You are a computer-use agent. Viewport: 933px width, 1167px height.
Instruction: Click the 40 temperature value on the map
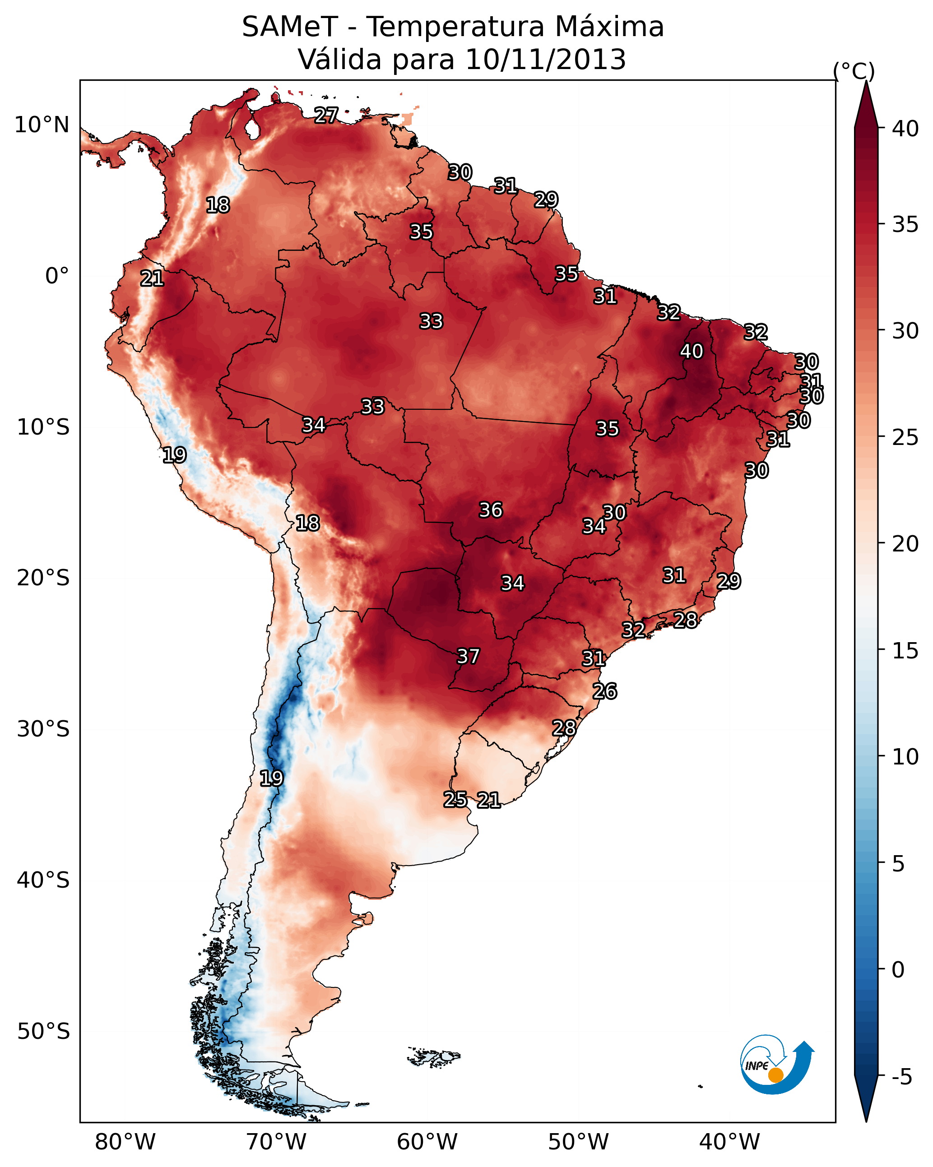(x=692, y=351)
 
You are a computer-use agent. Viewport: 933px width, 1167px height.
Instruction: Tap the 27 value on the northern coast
(x=326, y=115)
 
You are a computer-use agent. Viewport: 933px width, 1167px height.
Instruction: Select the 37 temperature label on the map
(x=469, y=656)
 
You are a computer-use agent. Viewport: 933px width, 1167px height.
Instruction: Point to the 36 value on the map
(x=491, y=510)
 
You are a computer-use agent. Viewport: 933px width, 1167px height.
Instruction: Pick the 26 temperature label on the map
(x=605, y=691)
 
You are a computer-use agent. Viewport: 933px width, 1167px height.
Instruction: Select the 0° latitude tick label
(x=57, y=276)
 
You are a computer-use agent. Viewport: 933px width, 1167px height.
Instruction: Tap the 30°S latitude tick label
(x=43, y=729)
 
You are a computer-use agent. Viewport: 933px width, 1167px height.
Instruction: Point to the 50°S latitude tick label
(x=43, y=1031)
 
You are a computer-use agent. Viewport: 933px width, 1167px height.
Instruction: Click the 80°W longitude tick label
(x=125, y=1141)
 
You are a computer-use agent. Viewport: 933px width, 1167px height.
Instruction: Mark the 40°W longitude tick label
(x=729, y=1141)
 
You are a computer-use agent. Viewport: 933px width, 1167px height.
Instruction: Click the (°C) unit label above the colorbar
(x=854, y=71)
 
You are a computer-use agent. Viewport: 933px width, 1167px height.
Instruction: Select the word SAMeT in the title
(x=290, y=27)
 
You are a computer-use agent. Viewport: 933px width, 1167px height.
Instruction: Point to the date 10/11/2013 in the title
(x=545, y=60)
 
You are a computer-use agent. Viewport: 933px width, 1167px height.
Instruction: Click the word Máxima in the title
(x=610, y=27)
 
